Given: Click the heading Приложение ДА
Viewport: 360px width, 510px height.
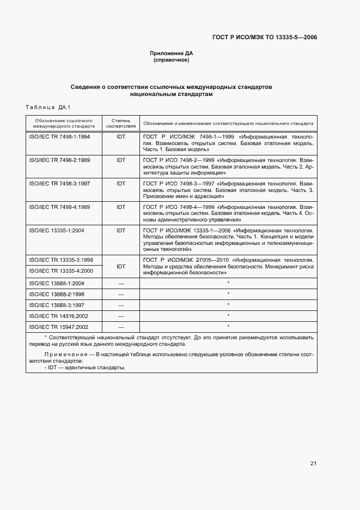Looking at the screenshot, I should click(172, 53).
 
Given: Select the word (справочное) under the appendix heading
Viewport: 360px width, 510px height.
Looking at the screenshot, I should click(172, 60).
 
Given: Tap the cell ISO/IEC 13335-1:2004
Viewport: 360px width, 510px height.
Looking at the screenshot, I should click(56, 231).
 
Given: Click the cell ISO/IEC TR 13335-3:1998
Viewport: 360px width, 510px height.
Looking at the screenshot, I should click(60, 260).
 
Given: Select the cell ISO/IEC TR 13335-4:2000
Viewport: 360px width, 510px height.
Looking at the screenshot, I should click(60, 271).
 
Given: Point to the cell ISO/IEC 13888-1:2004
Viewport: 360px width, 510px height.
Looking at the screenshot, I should click(56, 283).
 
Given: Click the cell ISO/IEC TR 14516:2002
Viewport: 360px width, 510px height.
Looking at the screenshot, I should click(58, 316).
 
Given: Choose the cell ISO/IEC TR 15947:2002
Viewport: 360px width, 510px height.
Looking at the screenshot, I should click(58, 327).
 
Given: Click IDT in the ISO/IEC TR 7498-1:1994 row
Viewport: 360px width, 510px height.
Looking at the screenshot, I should click(121, 136).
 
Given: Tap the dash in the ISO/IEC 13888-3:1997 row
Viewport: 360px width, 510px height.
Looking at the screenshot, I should click(121, 305).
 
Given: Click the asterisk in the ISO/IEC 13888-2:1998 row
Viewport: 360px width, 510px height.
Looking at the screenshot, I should click(228, 294).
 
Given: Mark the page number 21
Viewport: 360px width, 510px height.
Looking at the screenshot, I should click(313, 464).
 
